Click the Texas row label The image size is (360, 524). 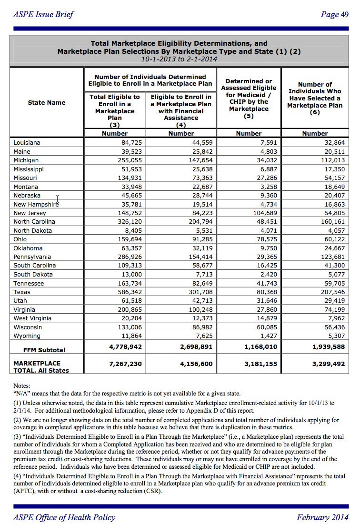pyautogui.click(x=22, y=292)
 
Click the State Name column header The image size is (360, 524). pyautogui.click(x=47, y=102)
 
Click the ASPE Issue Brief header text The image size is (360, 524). pyautogui.click(x=43, y=14)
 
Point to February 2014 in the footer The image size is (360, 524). pyautogui.click(x=322, y=517)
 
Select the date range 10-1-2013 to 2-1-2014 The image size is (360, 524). pyautogui.click(x=179, y=59)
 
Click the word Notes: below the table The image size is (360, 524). pyautogui.click(x=22, y=385)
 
